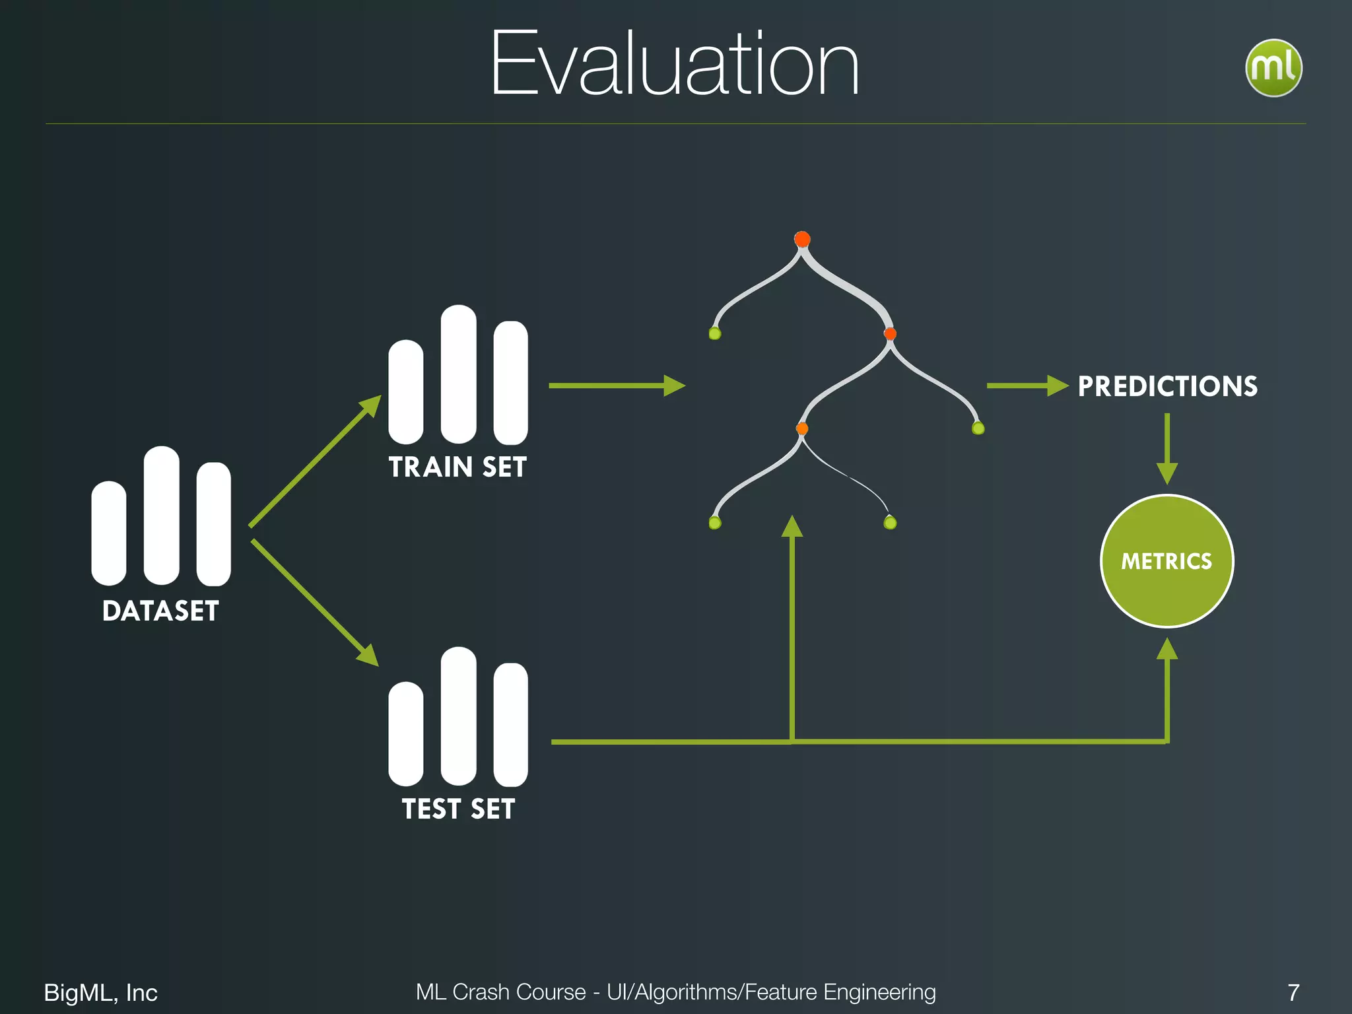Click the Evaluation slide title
pos(675,65)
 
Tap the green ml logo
pos(1273,68)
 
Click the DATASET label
pos(160,611)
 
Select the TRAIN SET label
pos(457,467)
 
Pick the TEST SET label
pos(458,809)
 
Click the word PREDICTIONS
pos(1167,386)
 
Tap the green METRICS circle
pos(1166,561)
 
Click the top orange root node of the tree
pos(802,239)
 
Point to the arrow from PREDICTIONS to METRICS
pos(1167,449)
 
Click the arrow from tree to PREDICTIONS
pos(1027,386)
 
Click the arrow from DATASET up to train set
pos(314,462)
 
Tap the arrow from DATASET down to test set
pos(314,602)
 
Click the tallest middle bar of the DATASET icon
pos(161,516)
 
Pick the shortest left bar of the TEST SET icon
pos(405,733)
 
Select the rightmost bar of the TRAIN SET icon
pos(510,383)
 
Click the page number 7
pos(1293,992)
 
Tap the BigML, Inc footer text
pos(100,992)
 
